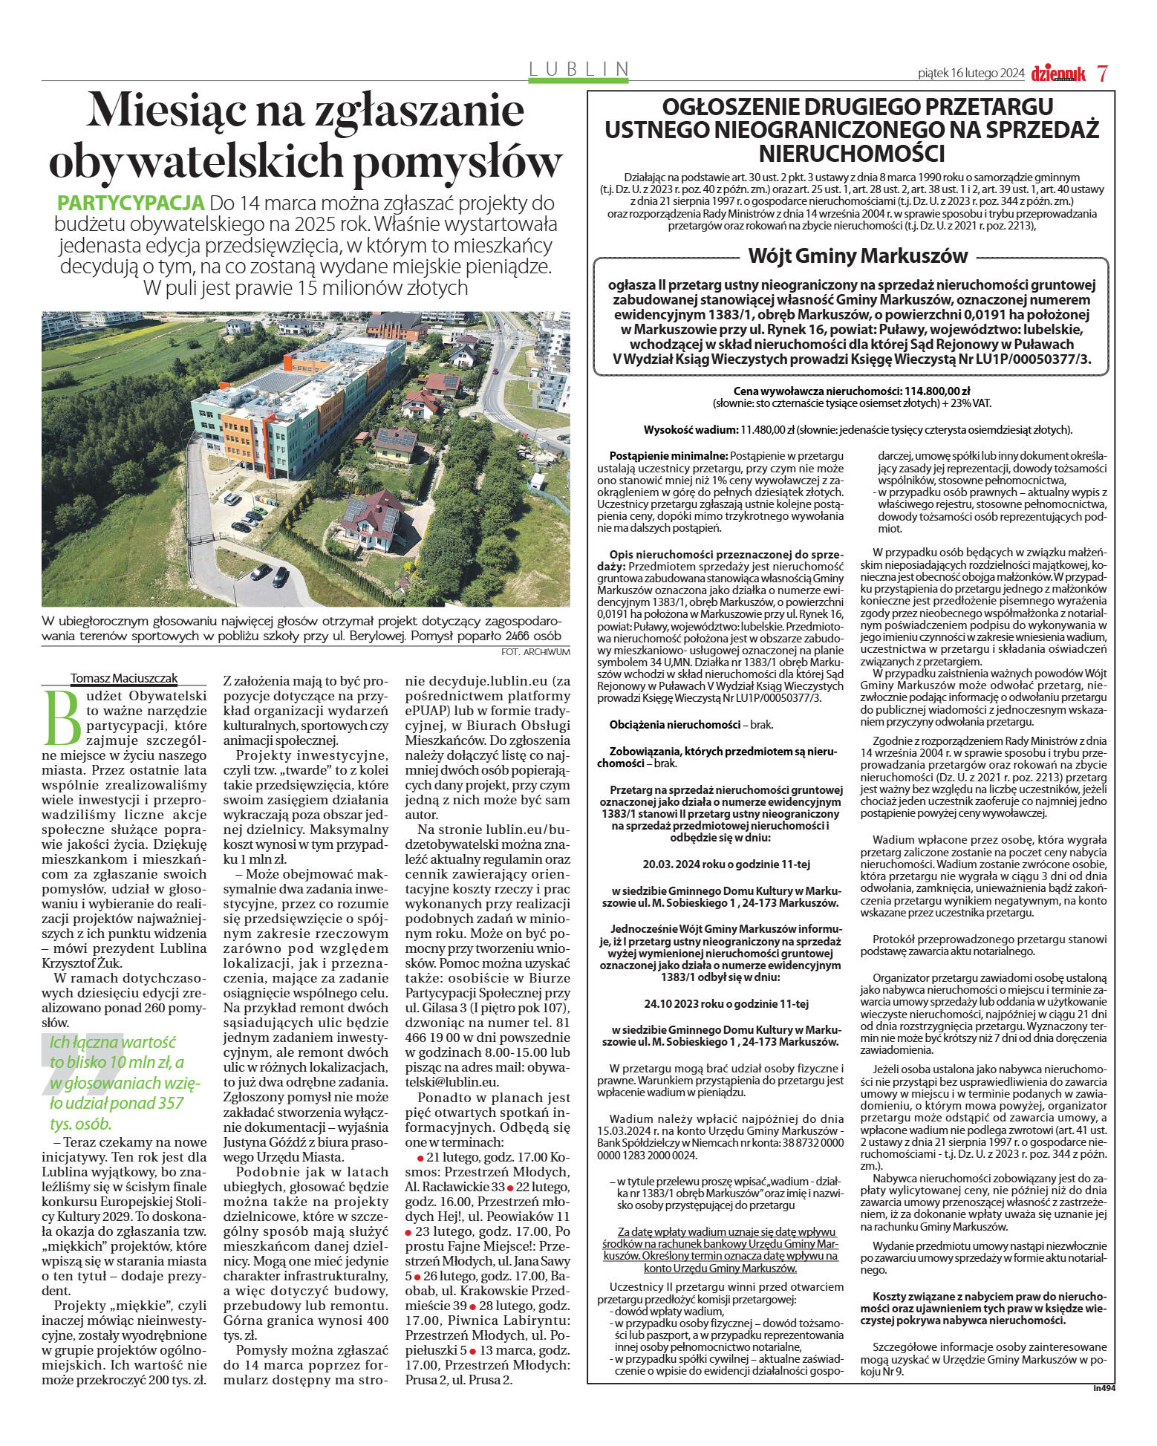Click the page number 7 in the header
[x=1103, y=73]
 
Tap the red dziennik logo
[x=1057, y=74]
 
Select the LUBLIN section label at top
[x=578, y=69]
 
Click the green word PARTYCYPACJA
[x=131, y=203]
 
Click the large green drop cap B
[x=62, y=718]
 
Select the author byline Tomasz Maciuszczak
[x=124, y=677]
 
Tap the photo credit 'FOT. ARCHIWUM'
[x=535, y=651]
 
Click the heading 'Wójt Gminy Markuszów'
[x=858, y=256]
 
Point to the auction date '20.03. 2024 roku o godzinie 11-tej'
[x=726, y=864]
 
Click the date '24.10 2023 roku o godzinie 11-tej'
[x=726, y=1003]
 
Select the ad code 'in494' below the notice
[x=1104, y=1387]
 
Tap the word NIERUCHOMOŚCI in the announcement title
[x=851, y=154]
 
